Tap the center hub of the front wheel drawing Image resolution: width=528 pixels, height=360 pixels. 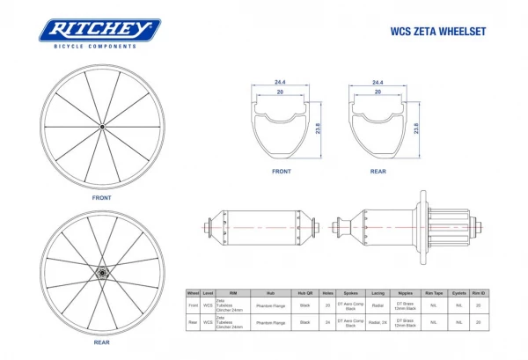(x=101, y=129)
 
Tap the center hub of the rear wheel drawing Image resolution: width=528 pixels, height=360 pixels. (x=101, y=272)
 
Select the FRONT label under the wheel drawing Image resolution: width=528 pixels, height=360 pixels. (x=101, y=198)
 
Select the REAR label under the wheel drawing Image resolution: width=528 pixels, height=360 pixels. (x=101, y=342)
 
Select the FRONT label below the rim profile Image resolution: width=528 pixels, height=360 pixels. (x=281, y=172)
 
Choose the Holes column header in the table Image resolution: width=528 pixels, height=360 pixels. (x=328, y=293)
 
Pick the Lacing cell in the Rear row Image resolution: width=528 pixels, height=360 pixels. (x=378, y=323)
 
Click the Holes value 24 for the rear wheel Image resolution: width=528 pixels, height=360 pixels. (x=328, y=323)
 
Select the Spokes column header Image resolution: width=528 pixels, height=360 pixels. (x=351, y=293)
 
